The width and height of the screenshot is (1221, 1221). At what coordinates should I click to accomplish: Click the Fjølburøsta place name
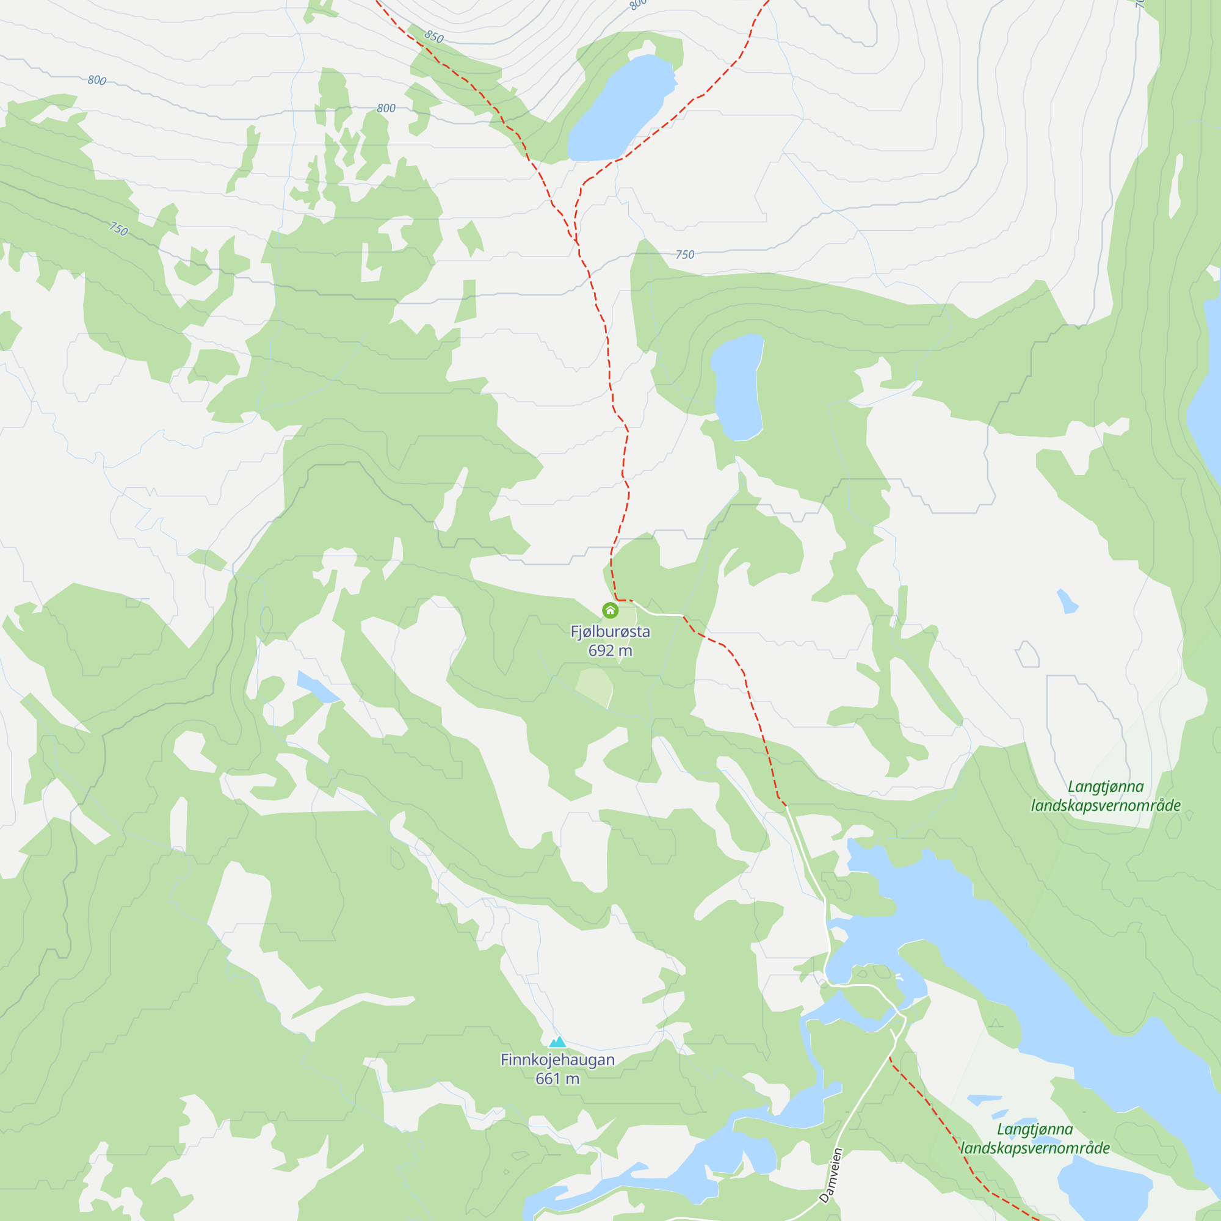coord(610,631)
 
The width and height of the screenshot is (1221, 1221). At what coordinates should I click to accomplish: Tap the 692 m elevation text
coord(610,650)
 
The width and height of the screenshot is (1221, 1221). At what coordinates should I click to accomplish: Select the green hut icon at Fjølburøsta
coord(610,610)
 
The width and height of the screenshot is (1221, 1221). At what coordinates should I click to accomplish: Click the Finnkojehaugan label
coord(557,1060)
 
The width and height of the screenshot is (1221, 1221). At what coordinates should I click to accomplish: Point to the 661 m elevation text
coord(557,1079)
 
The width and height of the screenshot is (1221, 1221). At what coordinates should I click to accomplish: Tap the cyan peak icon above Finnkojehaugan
coord(557,1042)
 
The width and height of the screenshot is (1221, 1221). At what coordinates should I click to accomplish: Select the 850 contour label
coord(434,37)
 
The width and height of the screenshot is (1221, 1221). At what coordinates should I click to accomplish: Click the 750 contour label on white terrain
coord(684,255)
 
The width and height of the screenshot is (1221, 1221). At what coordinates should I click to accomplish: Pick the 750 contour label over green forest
coord(118,228)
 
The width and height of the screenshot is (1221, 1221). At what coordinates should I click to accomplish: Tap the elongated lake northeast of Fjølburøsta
coord(737,385)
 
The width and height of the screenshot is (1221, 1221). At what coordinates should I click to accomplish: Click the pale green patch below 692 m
coord(595,687)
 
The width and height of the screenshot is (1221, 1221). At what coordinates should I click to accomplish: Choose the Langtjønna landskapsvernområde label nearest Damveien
coord(1035,1138)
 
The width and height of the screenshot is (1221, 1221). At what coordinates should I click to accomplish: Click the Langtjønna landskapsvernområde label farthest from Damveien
coord(1106,795)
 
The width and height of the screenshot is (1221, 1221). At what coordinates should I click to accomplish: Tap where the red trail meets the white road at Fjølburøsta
coord(632,600)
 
